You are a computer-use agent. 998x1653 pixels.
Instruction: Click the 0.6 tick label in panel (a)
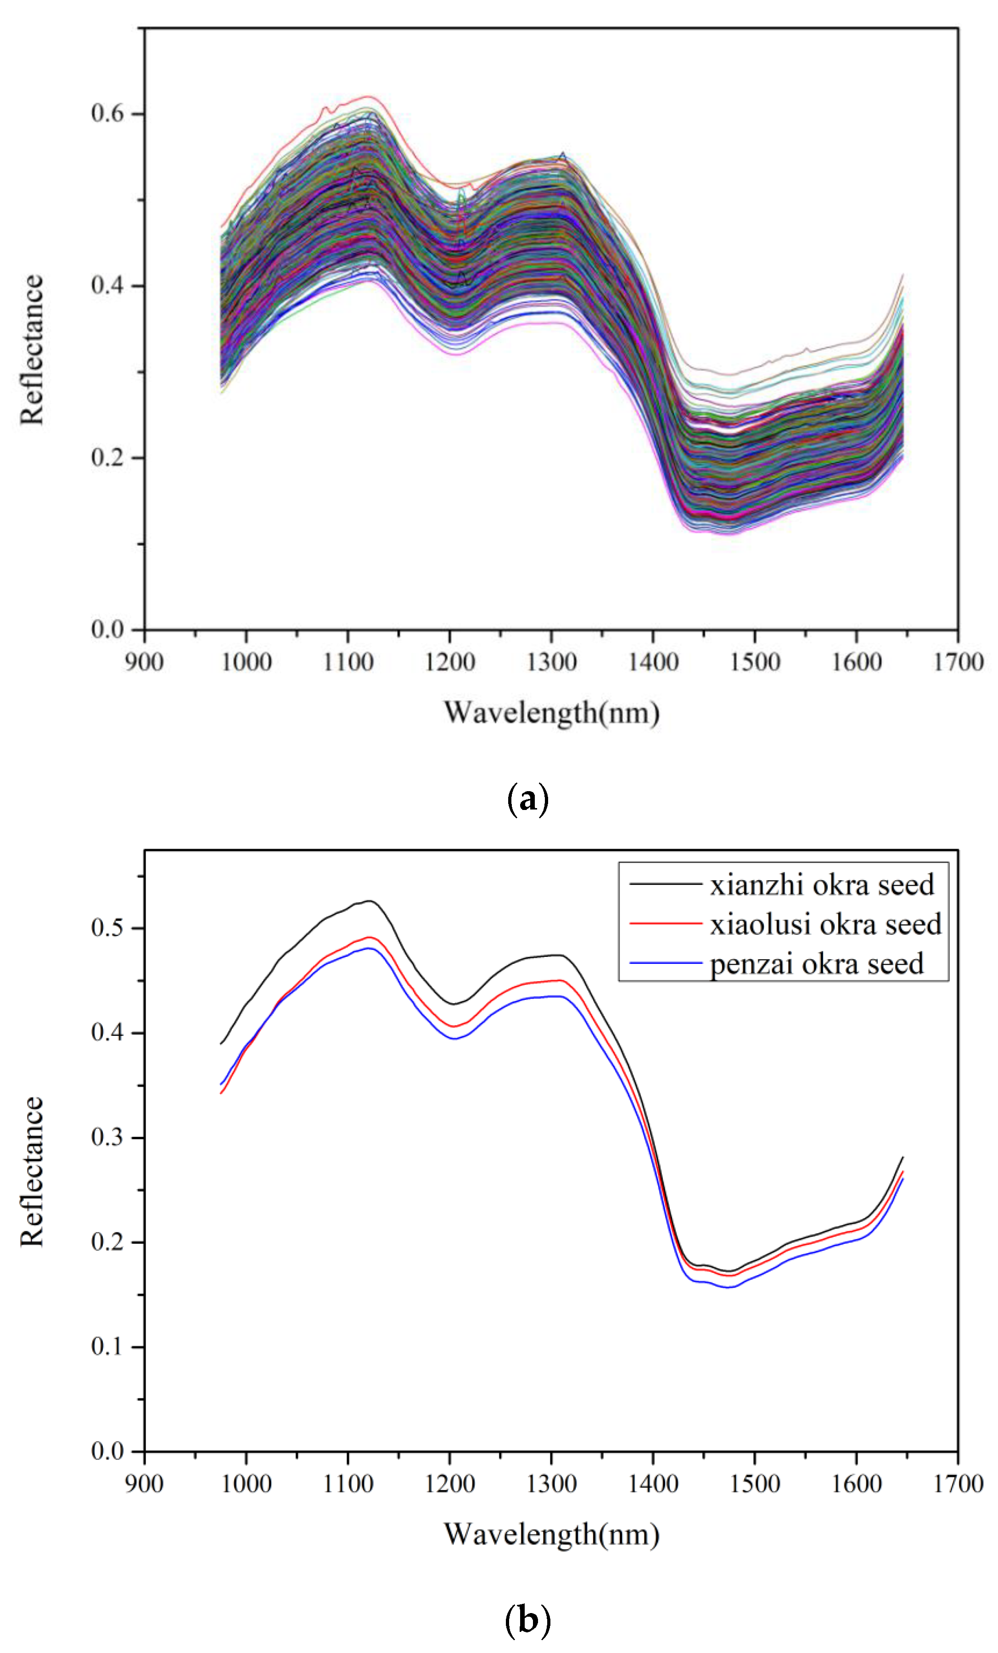coord(107,113)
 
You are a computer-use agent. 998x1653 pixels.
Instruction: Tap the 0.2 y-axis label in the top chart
coord(107,457)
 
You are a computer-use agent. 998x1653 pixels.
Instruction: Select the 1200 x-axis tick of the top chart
coord(449,662)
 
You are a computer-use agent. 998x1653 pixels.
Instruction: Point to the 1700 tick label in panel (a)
coord(958,662)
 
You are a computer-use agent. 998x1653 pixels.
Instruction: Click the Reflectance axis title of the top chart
coord(32,349)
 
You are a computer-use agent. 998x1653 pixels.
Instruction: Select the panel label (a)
coord(528,800)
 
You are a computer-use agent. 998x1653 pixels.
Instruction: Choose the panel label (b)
coord(528,1619)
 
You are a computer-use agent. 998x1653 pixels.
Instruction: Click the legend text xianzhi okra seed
coord(822,885)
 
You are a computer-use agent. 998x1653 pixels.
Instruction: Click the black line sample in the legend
coord(665,885)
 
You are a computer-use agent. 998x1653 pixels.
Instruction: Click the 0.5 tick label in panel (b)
coord(107,928)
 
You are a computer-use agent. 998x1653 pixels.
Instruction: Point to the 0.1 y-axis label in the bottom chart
coord(107,1346)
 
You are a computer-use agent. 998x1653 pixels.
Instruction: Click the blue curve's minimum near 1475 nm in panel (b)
coord(729,1287)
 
